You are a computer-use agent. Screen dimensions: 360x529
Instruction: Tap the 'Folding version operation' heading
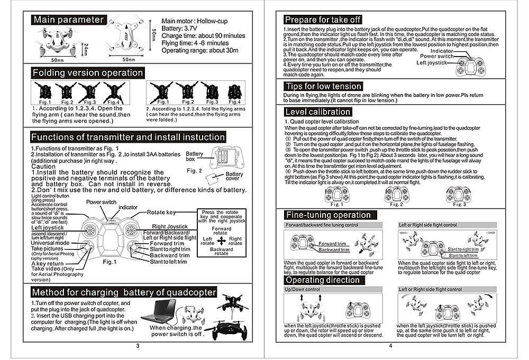pyautogui.click(x=87, y=72)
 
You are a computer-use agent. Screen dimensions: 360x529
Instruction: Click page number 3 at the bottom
pyautogui.click(x=137, y=346)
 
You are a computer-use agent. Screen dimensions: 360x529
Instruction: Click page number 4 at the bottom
pyautogui.click(x=390, y=346)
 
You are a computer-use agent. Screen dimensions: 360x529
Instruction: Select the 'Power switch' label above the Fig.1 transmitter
pyautogui.click(x=101, y=202)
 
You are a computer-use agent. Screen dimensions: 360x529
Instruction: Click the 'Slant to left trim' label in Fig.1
pyautogui.click(x=168, y=262)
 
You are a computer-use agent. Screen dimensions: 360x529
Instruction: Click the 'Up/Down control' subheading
pyautogui.click(x=303, y=290)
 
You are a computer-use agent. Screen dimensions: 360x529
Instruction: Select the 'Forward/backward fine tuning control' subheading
pyautogui.click(x=322, y=225)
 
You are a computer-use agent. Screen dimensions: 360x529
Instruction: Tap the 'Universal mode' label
pyautogui.click(x=50, y=243)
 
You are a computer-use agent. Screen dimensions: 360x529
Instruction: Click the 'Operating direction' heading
pyautogui.click(x=323, y=280)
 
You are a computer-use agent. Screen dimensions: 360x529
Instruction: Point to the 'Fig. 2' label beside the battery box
pyautogui.click(x=195, y=171)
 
